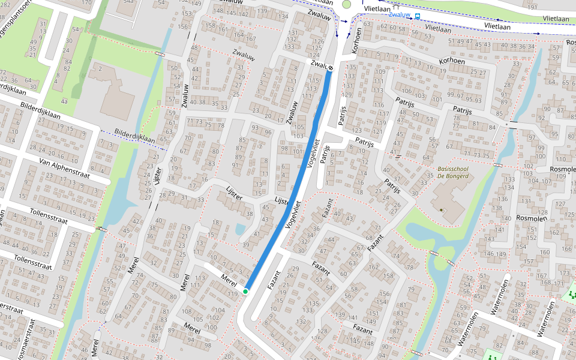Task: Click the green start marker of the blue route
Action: (245, 292)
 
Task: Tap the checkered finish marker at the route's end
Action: (331, 68)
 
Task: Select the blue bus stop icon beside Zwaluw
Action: (418, 16)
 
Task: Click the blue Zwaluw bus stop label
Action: (400, 15)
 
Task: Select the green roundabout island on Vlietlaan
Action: (346, 4)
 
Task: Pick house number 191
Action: (531, 7)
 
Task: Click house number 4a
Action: (64, 102)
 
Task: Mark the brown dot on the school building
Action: (442, 209)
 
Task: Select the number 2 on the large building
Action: (101, 69)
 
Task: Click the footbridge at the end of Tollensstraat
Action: (101, 229)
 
